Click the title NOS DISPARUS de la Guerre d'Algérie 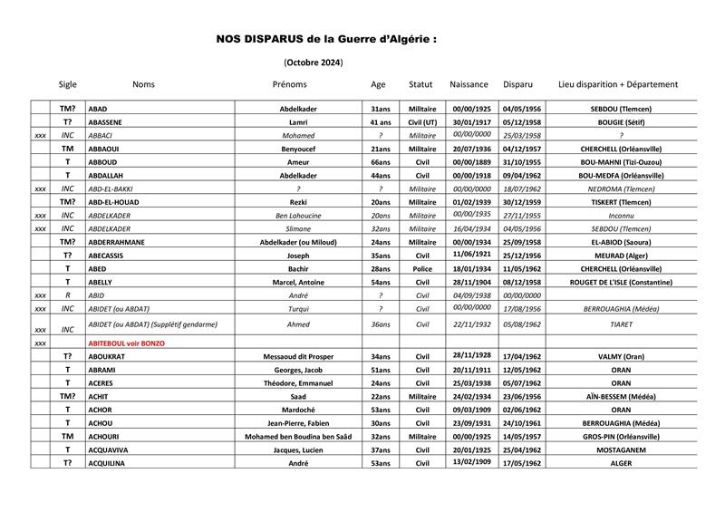coord(326,40)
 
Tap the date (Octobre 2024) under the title coord(314,63)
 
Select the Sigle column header coord(67,84)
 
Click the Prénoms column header coord(290,84)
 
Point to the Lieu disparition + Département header coord(619,84)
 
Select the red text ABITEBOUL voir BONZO coord(126,343)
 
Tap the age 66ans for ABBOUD coord(380,161)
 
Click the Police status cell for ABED coord(422,269)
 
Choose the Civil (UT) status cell coord(422,121)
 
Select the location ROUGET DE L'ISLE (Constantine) coord(619,283)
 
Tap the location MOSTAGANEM coord(619,449)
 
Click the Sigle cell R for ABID coord(67,295)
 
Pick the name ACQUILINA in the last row coord(107,463)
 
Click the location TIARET coord(619,324)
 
